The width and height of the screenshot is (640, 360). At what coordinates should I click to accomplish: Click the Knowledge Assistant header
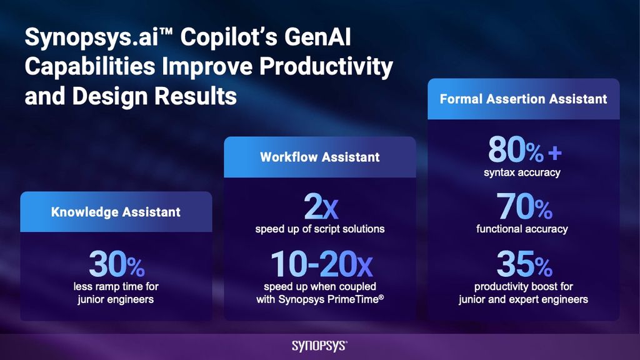(x=116, y=212)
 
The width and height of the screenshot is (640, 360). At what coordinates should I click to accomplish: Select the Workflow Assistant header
(x=319, y=157)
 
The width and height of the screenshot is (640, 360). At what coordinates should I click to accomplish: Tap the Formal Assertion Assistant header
(x=523, y=99)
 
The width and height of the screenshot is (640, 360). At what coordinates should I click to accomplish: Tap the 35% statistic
(x=524, y=264)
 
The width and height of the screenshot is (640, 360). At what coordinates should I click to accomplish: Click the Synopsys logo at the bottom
(x=319, y=346)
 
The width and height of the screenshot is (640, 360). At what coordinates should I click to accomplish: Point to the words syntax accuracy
(x=522, y=172)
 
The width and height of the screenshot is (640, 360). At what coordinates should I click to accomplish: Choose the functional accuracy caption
(x=522, y=229)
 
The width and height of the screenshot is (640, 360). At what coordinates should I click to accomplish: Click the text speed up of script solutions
(x=319, y=229)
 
